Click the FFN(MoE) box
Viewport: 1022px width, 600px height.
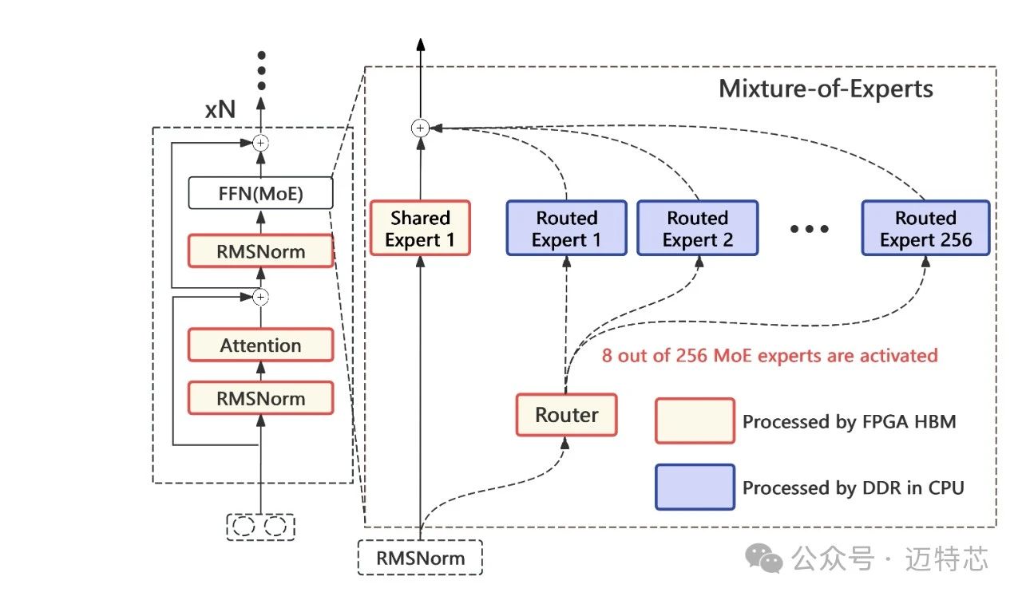coord(260,193)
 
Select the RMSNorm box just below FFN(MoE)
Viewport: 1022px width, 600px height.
coord(260,251)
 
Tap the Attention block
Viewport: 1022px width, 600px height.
coord(260,345)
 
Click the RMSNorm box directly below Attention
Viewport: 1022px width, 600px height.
coord(260,397)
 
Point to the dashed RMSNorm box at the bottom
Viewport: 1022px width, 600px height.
coord(420,558)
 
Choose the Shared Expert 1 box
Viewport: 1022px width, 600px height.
coord(420,228)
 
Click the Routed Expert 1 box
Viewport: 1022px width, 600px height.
coord(566,228)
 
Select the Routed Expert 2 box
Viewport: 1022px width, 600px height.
coord(698,228)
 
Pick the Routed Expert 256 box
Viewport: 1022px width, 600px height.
coord(925,228)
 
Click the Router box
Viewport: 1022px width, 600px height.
coord(566,415)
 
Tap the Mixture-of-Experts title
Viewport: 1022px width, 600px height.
coord(826,88)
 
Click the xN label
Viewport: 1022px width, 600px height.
coord(220,110)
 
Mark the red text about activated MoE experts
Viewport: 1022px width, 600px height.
coord(770,355)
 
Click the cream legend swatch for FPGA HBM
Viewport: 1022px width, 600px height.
coord(695,420)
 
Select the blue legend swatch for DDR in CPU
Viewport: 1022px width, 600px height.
coord(695,487)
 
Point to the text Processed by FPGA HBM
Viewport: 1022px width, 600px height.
coord(849,422)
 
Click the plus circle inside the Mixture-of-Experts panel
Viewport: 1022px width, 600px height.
coord(420,128)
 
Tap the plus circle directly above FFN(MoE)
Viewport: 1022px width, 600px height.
coord(260,143)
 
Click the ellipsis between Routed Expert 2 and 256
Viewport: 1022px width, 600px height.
coord(810,229)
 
